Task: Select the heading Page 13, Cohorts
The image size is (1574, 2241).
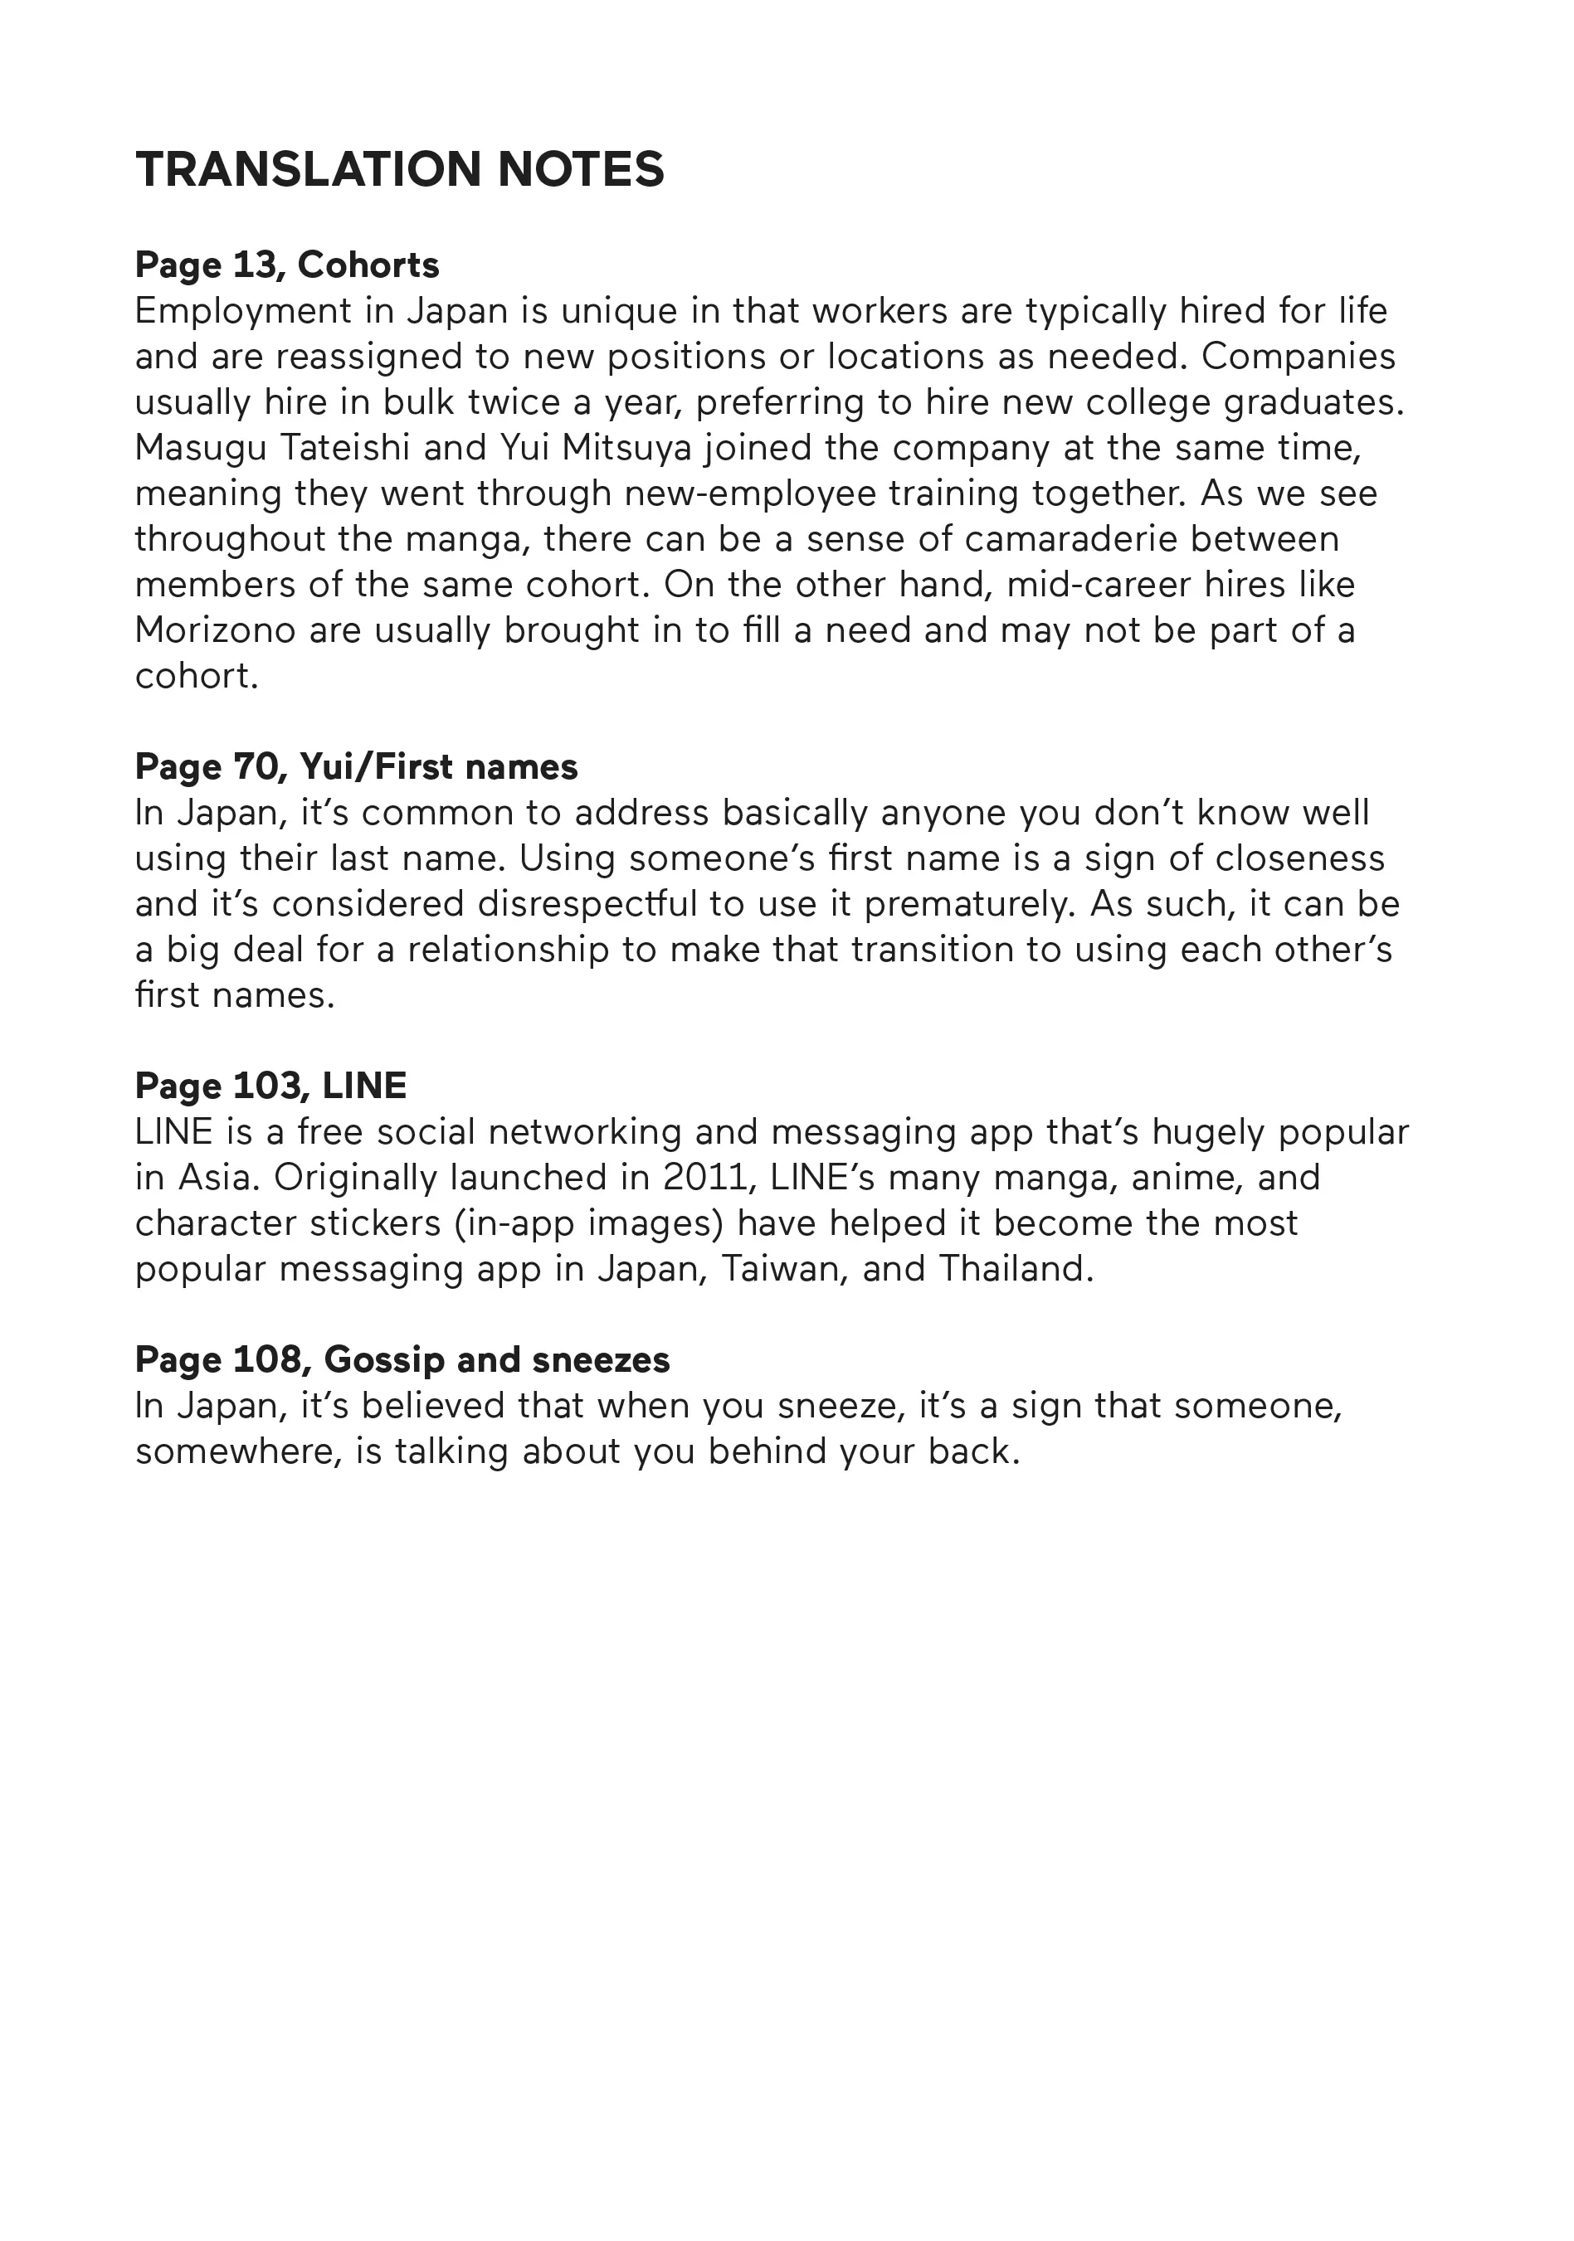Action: (x=287, y=265)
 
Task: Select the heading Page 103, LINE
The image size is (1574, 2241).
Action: (x=270, y=1086)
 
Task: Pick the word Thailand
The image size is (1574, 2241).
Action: (x=1016, y=1269)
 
